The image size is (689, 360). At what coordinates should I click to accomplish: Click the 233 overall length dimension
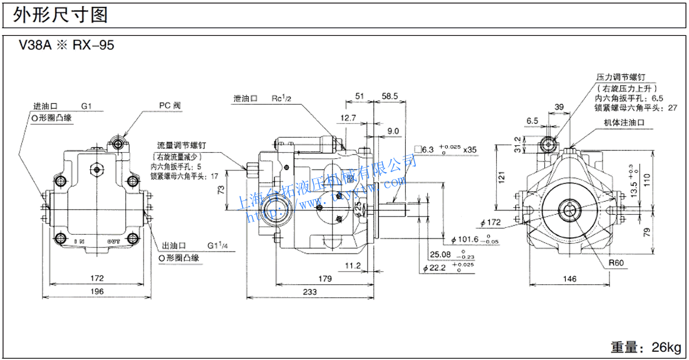(308, 292)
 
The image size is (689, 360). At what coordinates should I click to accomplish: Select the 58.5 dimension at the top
(389, 96)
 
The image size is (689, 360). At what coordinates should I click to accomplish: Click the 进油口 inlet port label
(46, 106)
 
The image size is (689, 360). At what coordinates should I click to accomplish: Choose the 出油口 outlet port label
(171, 246)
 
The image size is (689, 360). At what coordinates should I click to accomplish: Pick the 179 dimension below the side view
(324, 278)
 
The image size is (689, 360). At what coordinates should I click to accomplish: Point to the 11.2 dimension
(353, 265)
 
